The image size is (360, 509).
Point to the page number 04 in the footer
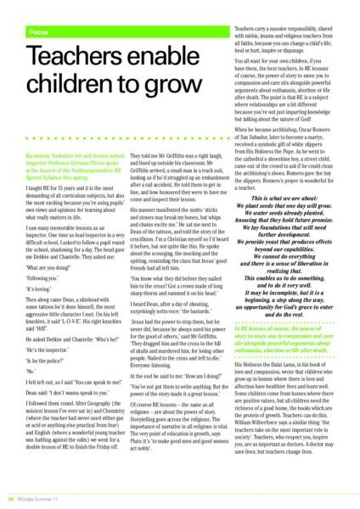(13, 497)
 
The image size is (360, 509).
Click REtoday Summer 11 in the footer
(43, 497)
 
